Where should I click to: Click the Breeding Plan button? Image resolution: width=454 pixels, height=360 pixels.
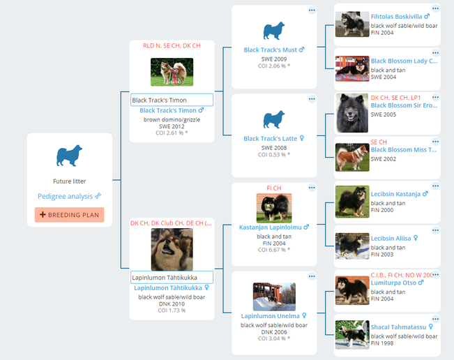69,215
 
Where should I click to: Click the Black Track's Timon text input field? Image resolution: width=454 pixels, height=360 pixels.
172,100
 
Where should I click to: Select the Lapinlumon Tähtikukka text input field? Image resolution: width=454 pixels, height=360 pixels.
172,278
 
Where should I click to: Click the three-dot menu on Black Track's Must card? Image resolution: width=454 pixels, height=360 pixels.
312,10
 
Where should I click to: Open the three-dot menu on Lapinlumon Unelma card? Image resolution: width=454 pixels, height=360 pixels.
312,276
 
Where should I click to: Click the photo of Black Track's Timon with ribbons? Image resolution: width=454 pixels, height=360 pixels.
172,72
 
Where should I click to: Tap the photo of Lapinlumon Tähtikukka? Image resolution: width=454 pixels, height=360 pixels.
172,249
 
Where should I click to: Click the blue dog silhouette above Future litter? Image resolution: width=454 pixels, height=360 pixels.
69,156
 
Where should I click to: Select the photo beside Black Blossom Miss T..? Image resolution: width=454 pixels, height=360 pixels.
352,157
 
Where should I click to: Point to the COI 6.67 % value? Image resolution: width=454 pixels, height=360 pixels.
274,250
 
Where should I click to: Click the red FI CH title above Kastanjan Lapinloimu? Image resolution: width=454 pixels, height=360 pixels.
274,188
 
